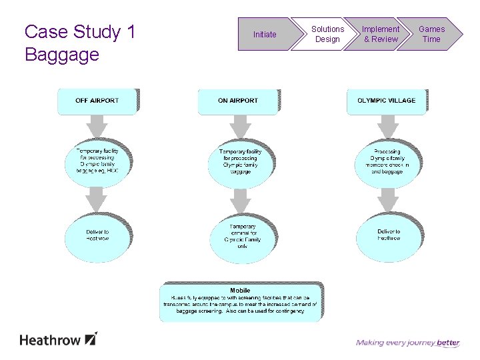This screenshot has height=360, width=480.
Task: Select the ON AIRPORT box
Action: [237, 101]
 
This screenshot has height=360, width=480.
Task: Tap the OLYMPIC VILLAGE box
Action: [386, 101]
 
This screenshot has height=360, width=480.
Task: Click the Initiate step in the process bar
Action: [265, 34]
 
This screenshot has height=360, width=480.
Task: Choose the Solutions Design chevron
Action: [327, 34]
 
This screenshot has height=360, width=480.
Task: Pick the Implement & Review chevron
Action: [381, 34]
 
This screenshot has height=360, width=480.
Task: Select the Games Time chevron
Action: [431, 34]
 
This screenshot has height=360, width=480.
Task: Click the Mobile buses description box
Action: [240, 301]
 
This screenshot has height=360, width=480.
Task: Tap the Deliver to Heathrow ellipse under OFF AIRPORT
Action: [97, 235]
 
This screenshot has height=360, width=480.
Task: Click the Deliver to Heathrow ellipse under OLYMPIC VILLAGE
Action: [388, 235]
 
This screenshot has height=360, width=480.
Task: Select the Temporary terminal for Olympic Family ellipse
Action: [242, 237]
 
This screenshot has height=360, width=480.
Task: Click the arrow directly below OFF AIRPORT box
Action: [97, 125]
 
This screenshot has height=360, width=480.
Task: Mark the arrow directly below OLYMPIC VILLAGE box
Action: [387, 125]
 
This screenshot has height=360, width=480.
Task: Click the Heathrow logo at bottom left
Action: [59, 339]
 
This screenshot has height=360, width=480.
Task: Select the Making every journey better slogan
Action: [407, 343]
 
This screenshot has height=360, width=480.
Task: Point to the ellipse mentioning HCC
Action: [97, 161]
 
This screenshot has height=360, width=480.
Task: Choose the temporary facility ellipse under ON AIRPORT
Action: [240, 161]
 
